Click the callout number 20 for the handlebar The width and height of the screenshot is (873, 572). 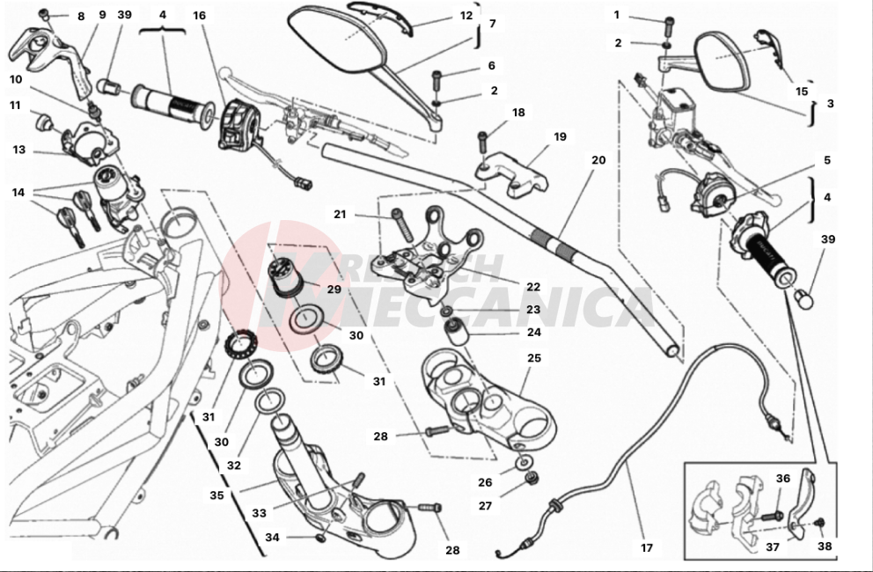[x=598, y=160]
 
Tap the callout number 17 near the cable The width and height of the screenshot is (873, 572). [x=647, y=548]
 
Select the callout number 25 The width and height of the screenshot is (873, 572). [x=534, y=358]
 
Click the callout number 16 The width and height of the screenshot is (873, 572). [x=200, y=16]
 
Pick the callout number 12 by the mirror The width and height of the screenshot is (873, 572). [x=466, y=16]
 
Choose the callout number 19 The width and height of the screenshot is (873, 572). [x=560, y=136]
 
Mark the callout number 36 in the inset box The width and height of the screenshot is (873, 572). [x=782, y=479]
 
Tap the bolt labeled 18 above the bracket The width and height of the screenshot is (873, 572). [x=482, y=140]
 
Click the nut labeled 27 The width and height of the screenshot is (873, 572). [x=532, y=479]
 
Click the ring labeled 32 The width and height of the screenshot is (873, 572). [x=268, y=403]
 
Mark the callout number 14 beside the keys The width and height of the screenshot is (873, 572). [x=18, y=192]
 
